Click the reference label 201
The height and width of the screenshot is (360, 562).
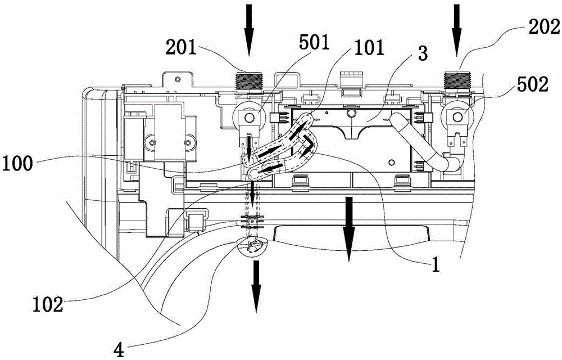(x=181, y=48)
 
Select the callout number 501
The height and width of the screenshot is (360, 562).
(x=314, y=42)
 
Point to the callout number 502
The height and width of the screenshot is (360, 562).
(x=532, y=84)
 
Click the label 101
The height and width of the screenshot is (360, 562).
(x=369, y=48)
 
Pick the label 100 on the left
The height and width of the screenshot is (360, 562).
(x=17, y=164)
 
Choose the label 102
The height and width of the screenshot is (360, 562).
(x=48, y=305)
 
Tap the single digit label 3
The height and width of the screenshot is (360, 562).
(x=423, y=53)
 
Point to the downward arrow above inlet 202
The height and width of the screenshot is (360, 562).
(x=456, y=30)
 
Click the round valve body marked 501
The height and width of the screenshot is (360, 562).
(x=248, y=116)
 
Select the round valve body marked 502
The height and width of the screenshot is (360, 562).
(x=457, y=116)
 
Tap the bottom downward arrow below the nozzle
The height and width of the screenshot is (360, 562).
(x=256, y=286)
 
